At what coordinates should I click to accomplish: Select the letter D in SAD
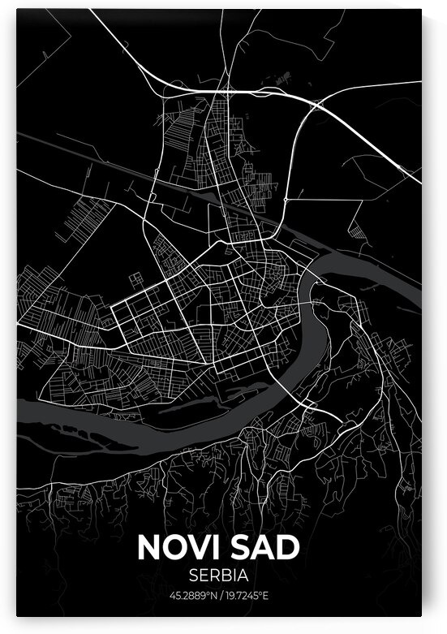coord(290,547)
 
